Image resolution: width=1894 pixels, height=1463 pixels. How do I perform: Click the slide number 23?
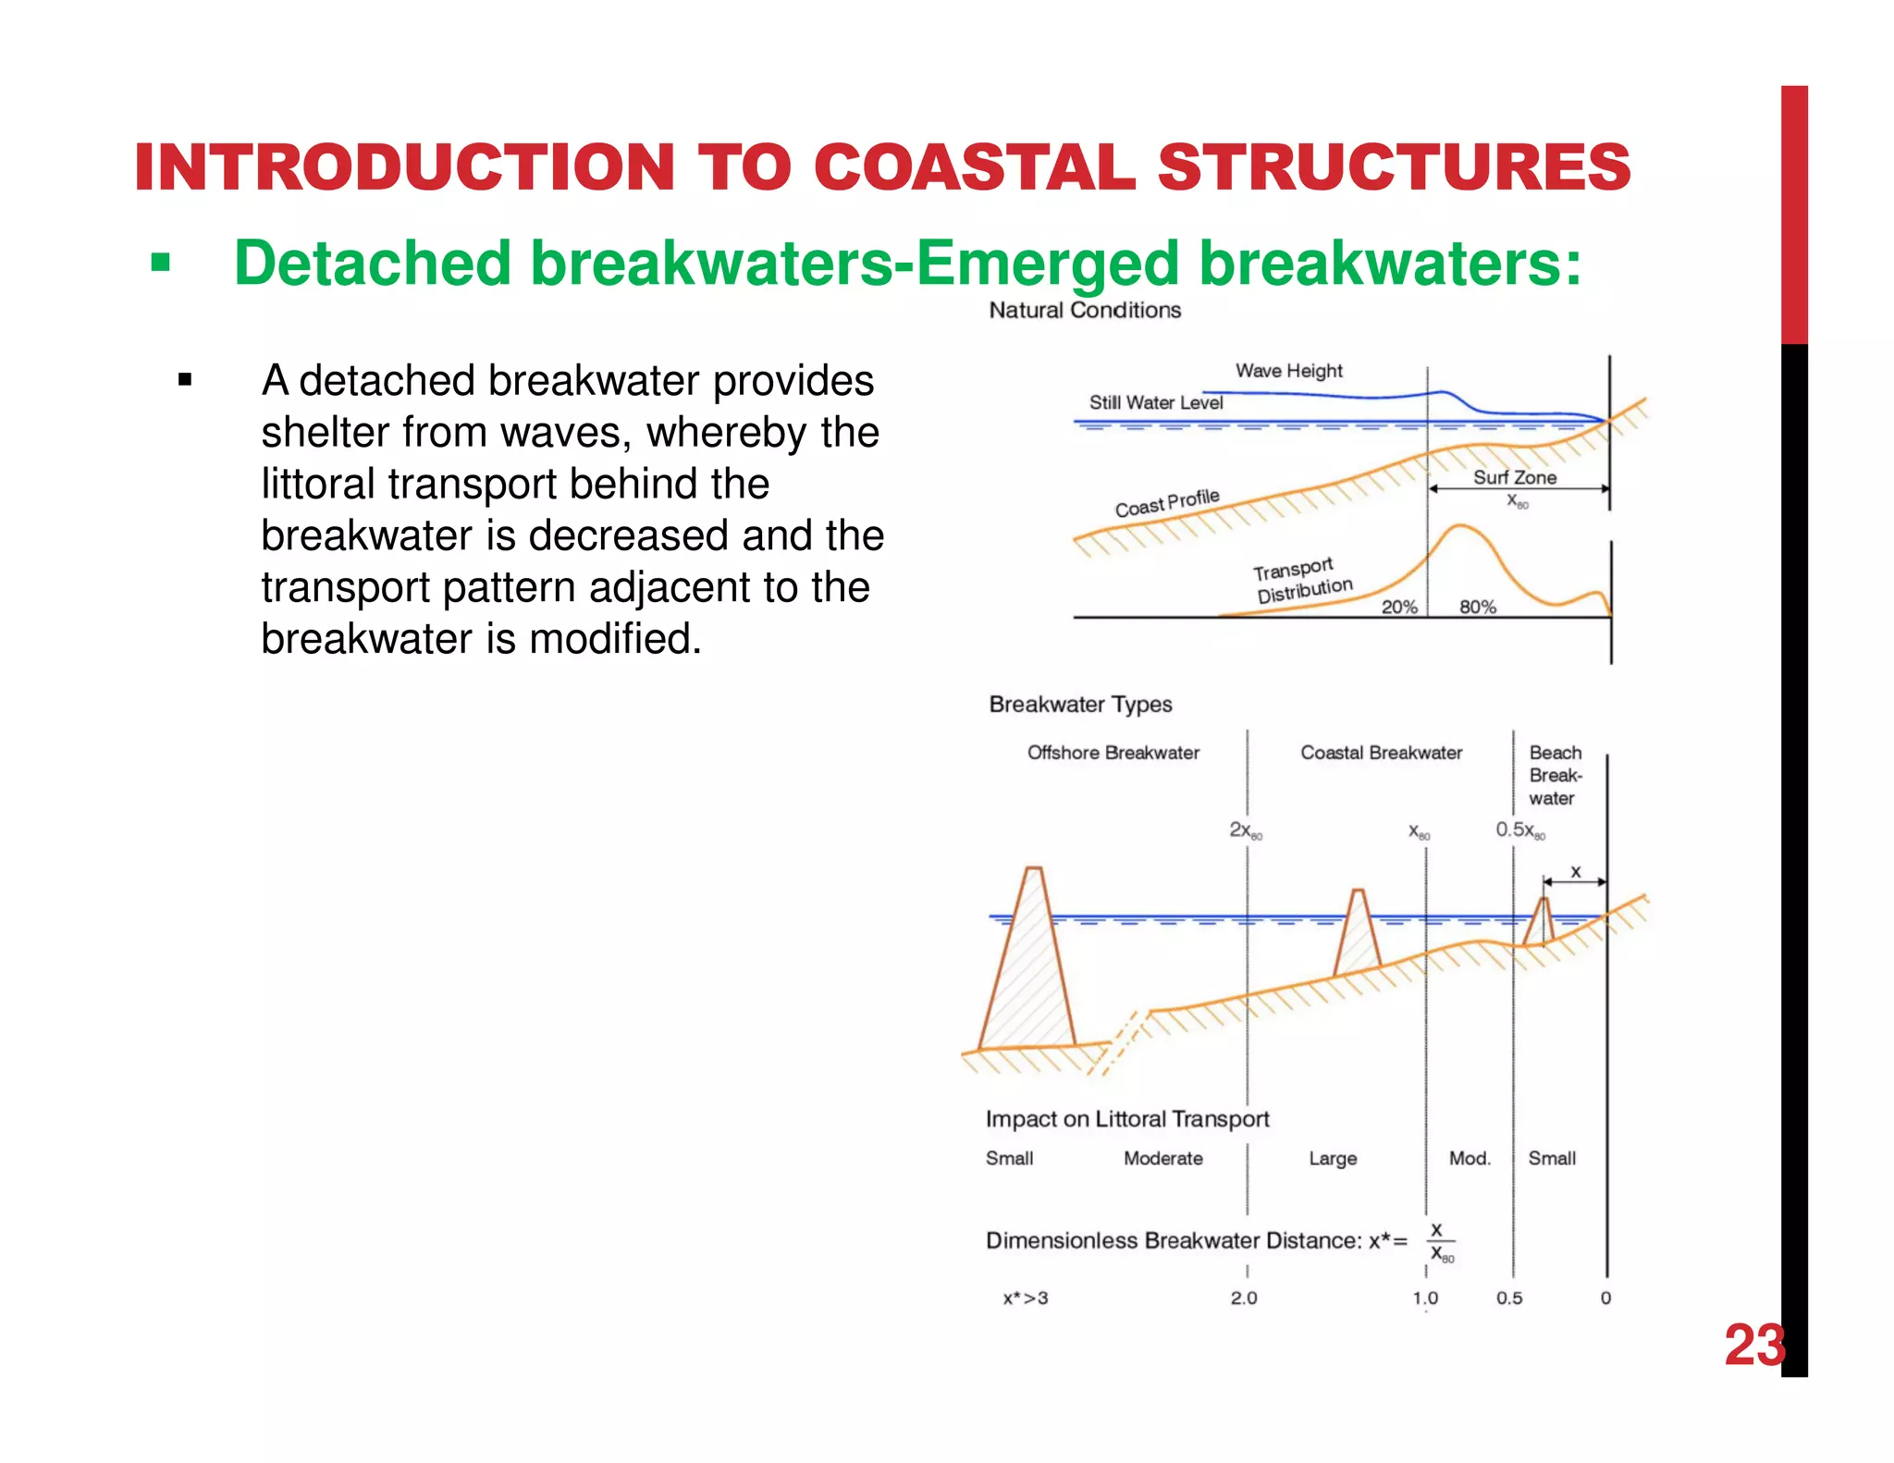1753,1346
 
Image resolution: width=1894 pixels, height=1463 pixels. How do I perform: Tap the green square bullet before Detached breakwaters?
161,264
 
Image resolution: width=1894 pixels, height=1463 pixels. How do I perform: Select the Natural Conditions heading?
1085,311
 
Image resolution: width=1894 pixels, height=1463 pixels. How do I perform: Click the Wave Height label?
1288,371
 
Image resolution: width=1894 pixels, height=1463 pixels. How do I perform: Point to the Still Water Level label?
1155,402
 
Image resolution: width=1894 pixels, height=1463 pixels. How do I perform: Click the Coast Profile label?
1167,503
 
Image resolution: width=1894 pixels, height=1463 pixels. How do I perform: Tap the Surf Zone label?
1514,477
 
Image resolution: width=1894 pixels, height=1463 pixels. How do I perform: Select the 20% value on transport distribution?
1398,607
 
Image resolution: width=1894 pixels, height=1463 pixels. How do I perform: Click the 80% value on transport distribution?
1477,607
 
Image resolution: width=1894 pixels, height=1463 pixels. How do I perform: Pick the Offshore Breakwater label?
1113,753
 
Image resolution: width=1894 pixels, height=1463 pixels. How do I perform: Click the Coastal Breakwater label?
1381,753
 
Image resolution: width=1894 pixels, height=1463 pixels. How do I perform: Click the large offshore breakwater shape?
1028,971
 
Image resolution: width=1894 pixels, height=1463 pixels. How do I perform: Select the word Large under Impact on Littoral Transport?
1333,1159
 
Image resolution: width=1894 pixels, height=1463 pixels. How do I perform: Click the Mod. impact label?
1470,1159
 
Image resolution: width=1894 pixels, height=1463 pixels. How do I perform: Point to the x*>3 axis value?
1026,1298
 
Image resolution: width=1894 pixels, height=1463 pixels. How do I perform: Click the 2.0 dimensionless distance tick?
1243,1298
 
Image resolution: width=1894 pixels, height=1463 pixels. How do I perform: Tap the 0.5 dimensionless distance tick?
1508,1298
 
